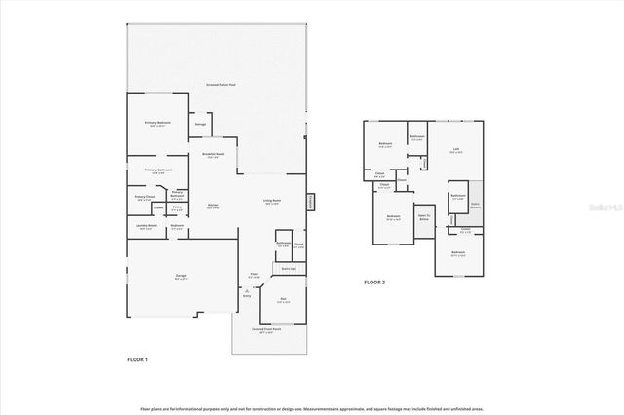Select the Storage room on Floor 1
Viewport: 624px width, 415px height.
[200, 125]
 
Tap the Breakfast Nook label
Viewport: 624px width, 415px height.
[214, 154]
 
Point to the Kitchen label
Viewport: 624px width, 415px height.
[213, 206]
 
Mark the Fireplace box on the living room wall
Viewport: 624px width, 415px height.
[312, 202]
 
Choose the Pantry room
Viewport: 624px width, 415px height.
[177, 207]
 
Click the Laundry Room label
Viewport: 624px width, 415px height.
[145, 229]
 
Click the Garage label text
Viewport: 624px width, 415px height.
[181, 277]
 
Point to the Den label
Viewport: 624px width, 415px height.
[283, 300]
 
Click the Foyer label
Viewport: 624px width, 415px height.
[253, 276]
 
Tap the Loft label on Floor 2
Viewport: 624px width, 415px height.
[455, 150]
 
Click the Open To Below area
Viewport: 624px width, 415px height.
[424, 218]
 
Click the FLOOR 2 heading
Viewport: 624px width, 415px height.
[375, 283]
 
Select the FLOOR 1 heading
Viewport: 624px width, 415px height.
[137, 360]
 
